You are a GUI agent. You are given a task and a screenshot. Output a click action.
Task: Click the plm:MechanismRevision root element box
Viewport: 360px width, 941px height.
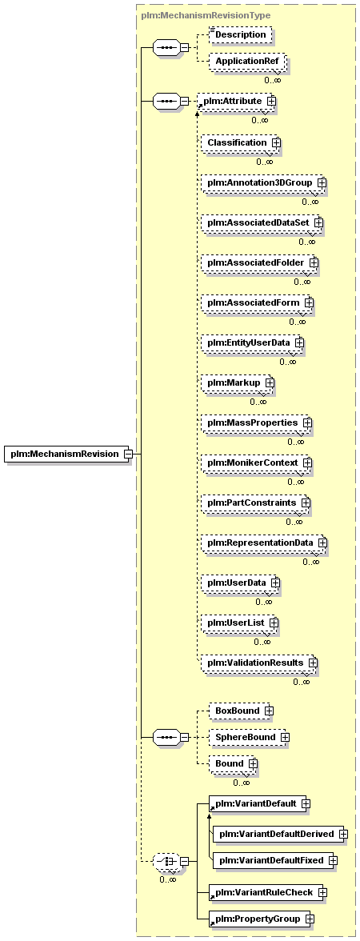pos(69,454)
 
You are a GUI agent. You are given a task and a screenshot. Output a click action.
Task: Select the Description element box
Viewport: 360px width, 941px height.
pos(240,35)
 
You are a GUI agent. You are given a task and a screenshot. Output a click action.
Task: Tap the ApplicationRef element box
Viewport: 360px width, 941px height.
pos(247,62)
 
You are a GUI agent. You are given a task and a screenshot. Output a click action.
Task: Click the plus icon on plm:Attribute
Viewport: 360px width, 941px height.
pos(271,102)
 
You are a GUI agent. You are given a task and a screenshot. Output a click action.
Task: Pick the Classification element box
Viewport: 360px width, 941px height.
pos(241,142)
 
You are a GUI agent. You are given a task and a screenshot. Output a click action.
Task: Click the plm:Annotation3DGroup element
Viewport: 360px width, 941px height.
pos(263,181)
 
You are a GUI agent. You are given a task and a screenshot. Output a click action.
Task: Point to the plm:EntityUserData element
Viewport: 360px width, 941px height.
pos(253,342)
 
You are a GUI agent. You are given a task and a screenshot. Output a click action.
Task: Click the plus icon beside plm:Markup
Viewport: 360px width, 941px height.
pos(270,382)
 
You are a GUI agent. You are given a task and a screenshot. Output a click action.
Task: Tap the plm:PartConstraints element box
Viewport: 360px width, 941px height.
pos(256,503)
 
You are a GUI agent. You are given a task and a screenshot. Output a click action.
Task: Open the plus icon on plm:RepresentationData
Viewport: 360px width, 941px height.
pos(322,543)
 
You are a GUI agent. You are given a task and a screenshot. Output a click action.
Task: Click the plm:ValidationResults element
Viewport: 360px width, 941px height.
pos(259,663)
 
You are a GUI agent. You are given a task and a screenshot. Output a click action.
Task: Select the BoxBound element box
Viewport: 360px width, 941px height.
pos(241,711)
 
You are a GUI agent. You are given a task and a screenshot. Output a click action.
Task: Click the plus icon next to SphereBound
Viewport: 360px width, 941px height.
pos(285,737)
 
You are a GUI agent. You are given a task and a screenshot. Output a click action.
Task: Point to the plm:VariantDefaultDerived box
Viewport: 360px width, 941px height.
pos(280,834)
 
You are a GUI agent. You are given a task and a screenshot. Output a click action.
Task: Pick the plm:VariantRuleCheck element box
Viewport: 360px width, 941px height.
pos(265,892)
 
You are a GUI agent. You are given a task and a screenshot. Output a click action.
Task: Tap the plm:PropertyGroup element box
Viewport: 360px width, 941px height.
pos(261,919)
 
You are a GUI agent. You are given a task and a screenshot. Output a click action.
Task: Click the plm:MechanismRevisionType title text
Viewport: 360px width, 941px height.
pos(206,16)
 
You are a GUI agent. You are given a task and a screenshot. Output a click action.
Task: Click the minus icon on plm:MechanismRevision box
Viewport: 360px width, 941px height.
pos(128,454)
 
